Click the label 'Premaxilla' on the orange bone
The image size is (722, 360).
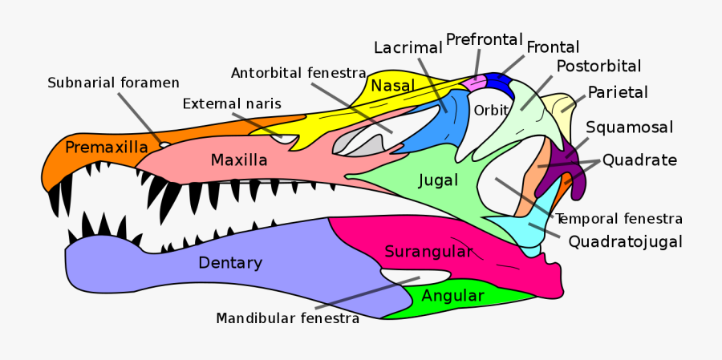(x=106, y=148)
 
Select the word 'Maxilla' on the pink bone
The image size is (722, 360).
(x=238, y=160)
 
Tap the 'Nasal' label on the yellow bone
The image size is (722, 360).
(x=392, y=86)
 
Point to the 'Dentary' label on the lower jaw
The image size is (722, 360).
(x=230, y=263)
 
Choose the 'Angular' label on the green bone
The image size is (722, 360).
(x=452, y=296)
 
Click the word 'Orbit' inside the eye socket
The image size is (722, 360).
(x=491, y=111)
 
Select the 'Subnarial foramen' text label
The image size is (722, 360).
(x=113, y=83)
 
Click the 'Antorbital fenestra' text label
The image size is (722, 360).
(x=298, y=73)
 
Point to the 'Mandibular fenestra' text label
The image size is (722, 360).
(x=287, y=318)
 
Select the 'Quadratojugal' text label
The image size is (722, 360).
(x=625, y=241)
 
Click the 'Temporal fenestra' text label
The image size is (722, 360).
(x=619, y=218)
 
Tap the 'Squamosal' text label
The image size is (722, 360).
(x=629, y=127)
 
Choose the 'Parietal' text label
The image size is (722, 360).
(x=618, y=92)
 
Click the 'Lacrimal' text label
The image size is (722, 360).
(x=408, y=48)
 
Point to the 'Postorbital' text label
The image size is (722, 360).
(x=598, y=66)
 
